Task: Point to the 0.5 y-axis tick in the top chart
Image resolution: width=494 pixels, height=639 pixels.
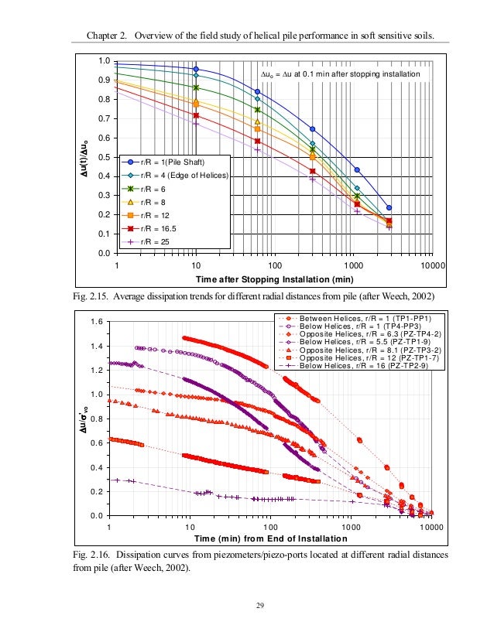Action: click(x=102, y=158)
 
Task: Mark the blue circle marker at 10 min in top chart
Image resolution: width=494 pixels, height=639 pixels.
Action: click(x=196, y=69)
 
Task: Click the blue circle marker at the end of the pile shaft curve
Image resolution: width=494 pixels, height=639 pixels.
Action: click(x=389, y=207)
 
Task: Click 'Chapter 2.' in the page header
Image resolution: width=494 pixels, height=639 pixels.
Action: click(x=101, y=36)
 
